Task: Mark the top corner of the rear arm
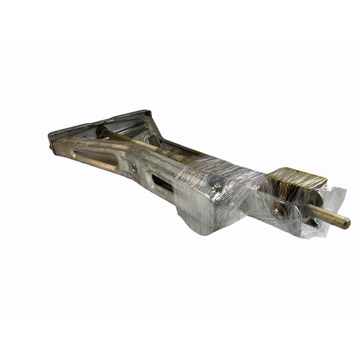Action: click(x=147, y=112)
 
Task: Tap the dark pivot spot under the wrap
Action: click(x=217, y=184)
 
